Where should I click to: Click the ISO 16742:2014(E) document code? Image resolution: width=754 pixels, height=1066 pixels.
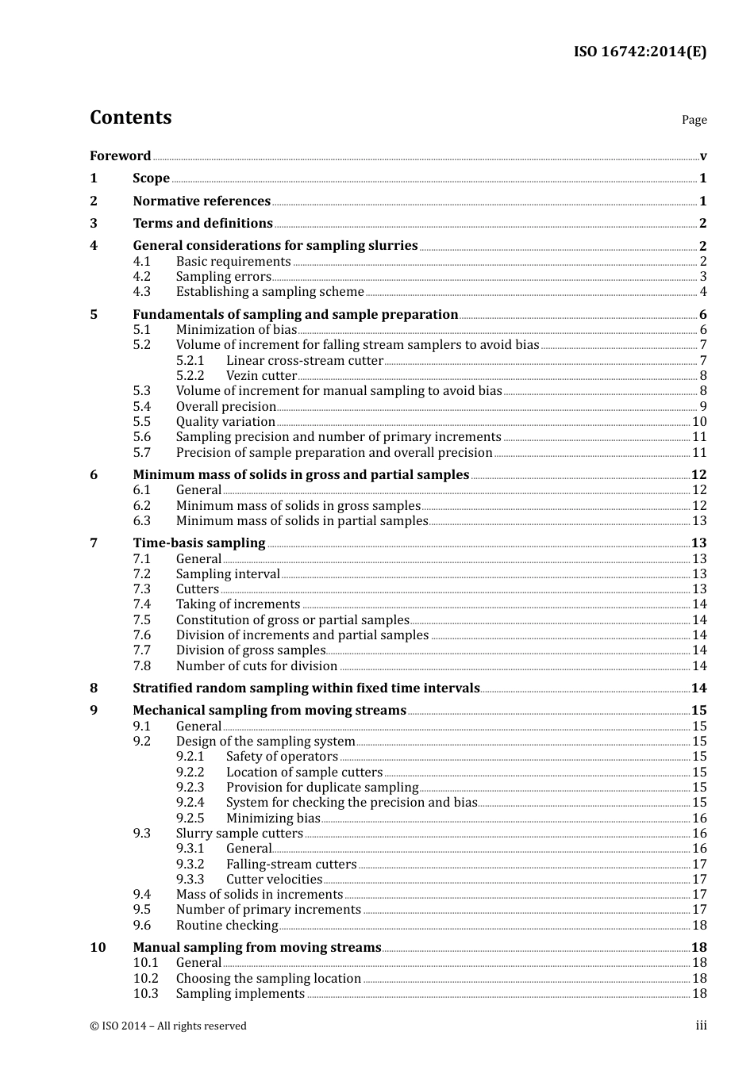click(640, 52)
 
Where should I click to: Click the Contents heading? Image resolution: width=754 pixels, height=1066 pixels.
click(130, 117)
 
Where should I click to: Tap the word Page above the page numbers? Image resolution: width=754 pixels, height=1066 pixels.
click(694, 120)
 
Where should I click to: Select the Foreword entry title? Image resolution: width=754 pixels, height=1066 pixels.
click(120, 155)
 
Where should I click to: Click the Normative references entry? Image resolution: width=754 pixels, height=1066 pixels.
click(202, 201)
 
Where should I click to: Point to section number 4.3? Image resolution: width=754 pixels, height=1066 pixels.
click(141, 292)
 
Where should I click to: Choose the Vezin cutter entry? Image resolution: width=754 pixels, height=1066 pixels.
click(261, 376)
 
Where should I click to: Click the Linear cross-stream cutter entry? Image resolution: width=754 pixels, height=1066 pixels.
click(304, 360)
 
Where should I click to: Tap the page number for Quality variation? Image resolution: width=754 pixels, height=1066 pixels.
click(699, 422)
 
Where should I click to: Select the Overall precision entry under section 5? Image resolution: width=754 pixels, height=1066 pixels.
click(225, 406)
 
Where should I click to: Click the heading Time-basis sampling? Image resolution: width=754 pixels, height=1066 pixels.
click(198, 543)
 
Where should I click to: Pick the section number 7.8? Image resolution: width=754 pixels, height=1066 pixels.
click(141, 666)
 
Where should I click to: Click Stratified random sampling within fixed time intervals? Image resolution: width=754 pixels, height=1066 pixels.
click(306, 688)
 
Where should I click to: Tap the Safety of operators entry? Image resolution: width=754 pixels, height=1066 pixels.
click(282, 757)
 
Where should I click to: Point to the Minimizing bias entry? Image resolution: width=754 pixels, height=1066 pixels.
click(273, 818)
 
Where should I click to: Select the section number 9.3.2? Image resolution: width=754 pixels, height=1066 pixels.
click(190, 864)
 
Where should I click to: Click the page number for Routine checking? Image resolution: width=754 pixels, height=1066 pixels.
click(699, 926)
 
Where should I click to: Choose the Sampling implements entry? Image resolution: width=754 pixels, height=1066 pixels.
click(240, 994)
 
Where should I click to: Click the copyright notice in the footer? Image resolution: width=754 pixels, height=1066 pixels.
click(168, 1026)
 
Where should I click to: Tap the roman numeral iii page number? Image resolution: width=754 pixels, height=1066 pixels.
click(701, 1026)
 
